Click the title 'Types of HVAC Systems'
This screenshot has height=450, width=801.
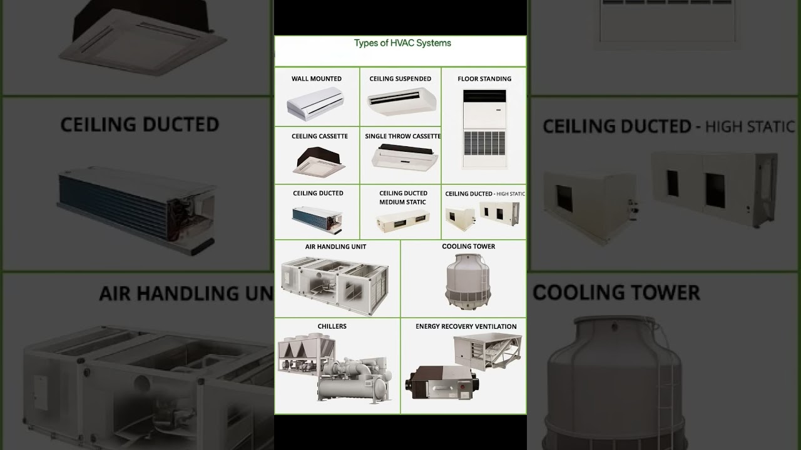click(402, 43)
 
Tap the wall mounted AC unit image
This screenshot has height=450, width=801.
click(315, 101)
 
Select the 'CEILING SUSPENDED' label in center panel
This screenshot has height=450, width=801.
click(400, 79)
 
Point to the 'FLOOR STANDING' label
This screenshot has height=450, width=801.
click(484, 79)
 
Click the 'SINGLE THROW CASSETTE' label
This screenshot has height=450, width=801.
click(402, 136)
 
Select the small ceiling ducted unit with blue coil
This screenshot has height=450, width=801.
click(317, 216)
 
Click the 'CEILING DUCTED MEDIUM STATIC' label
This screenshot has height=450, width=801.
click(403, 197)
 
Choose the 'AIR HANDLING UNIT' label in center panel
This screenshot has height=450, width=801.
click(335, 246)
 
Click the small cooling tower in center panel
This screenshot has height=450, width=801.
click(468, 281)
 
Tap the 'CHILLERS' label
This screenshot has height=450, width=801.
click(332, 326)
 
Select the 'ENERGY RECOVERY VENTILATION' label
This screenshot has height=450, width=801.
click(466, 326)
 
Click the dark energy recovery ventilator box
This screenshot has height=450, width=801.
click(442, 382)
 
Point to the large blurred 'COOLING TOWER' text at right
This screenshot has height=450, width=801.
click(616, 292)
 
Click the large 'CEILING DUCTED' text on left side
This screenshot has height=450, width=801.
click(140, 124)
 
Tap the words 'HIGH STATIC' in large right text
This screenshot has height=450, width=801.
click(749, 127)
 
